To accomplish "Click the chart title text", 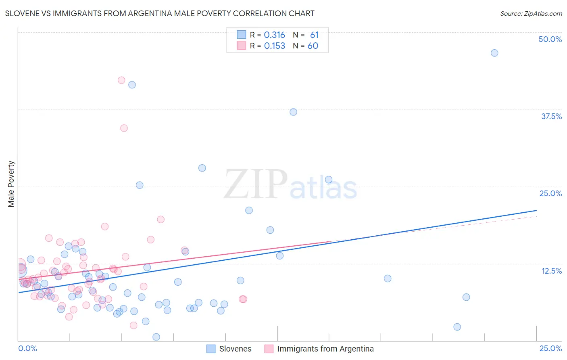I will [x=160, y=13].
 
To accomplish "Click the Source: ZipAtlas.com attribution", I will [x=531, y=13].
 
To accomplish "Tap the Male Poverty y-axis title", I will [x=11, y=184].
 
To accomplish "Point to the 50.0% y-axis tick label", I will [x=550, y=39].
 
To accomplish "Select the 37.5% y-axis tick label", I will [x=551, y=116].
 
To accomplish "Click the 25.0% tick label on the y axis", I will [x=550, y=193].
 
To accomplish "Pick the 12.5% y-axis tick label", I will [x=551, y=271].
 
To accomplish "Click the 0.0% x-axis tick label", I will [x=27, y=348].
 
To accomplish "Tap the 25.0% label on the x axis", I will [x=550, y=348].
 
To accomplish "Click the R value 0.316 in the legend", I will [x=274, y=35].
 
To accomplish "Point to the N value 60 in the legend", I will [x=313, y=46].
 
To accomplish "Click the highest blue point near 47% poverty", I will [x=494, y=53].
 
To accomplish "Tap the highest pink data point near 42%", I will [x=121, y=80].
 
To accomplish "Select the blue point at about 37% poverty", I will [x=293, y=112].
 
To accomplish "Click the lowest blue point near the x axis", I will [x=156, y=337].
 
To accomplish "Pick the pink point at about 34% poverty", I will [x=124, y=128].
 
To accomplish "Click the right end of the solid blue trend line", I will [x=536, y=210].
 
